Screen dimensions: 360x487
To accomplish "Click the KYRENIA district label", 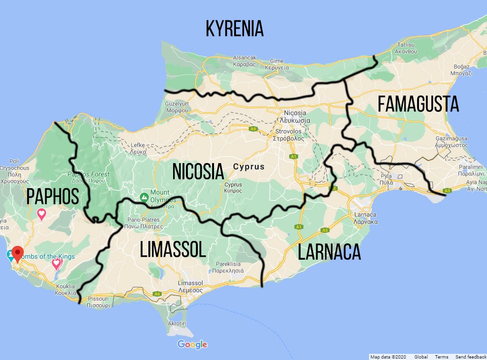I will [234, 29].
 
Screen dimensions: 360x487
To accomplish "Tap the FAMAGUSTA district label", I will [419, 104].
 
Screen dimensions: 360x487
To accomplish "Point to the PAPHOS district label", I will [52, 197].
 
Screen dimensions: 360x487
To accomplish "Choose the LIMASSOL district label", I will [173, 250].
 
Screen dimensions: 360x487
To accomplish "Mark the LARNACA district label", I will [329, 253].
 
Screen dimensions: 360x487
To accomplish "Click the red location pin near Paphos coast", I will [18, 253].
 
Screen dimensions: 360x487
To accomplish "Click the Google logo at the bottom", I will [192, 344].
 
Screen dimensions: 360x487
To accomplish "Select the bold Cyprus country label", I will [249, 167].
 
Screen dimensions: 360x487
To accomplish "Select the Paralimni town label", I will [471, 171].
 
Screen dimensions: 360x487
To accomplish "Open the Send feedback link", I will [470, 357].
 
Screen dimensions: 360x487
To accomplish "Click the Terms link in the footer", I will [441, 357].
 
